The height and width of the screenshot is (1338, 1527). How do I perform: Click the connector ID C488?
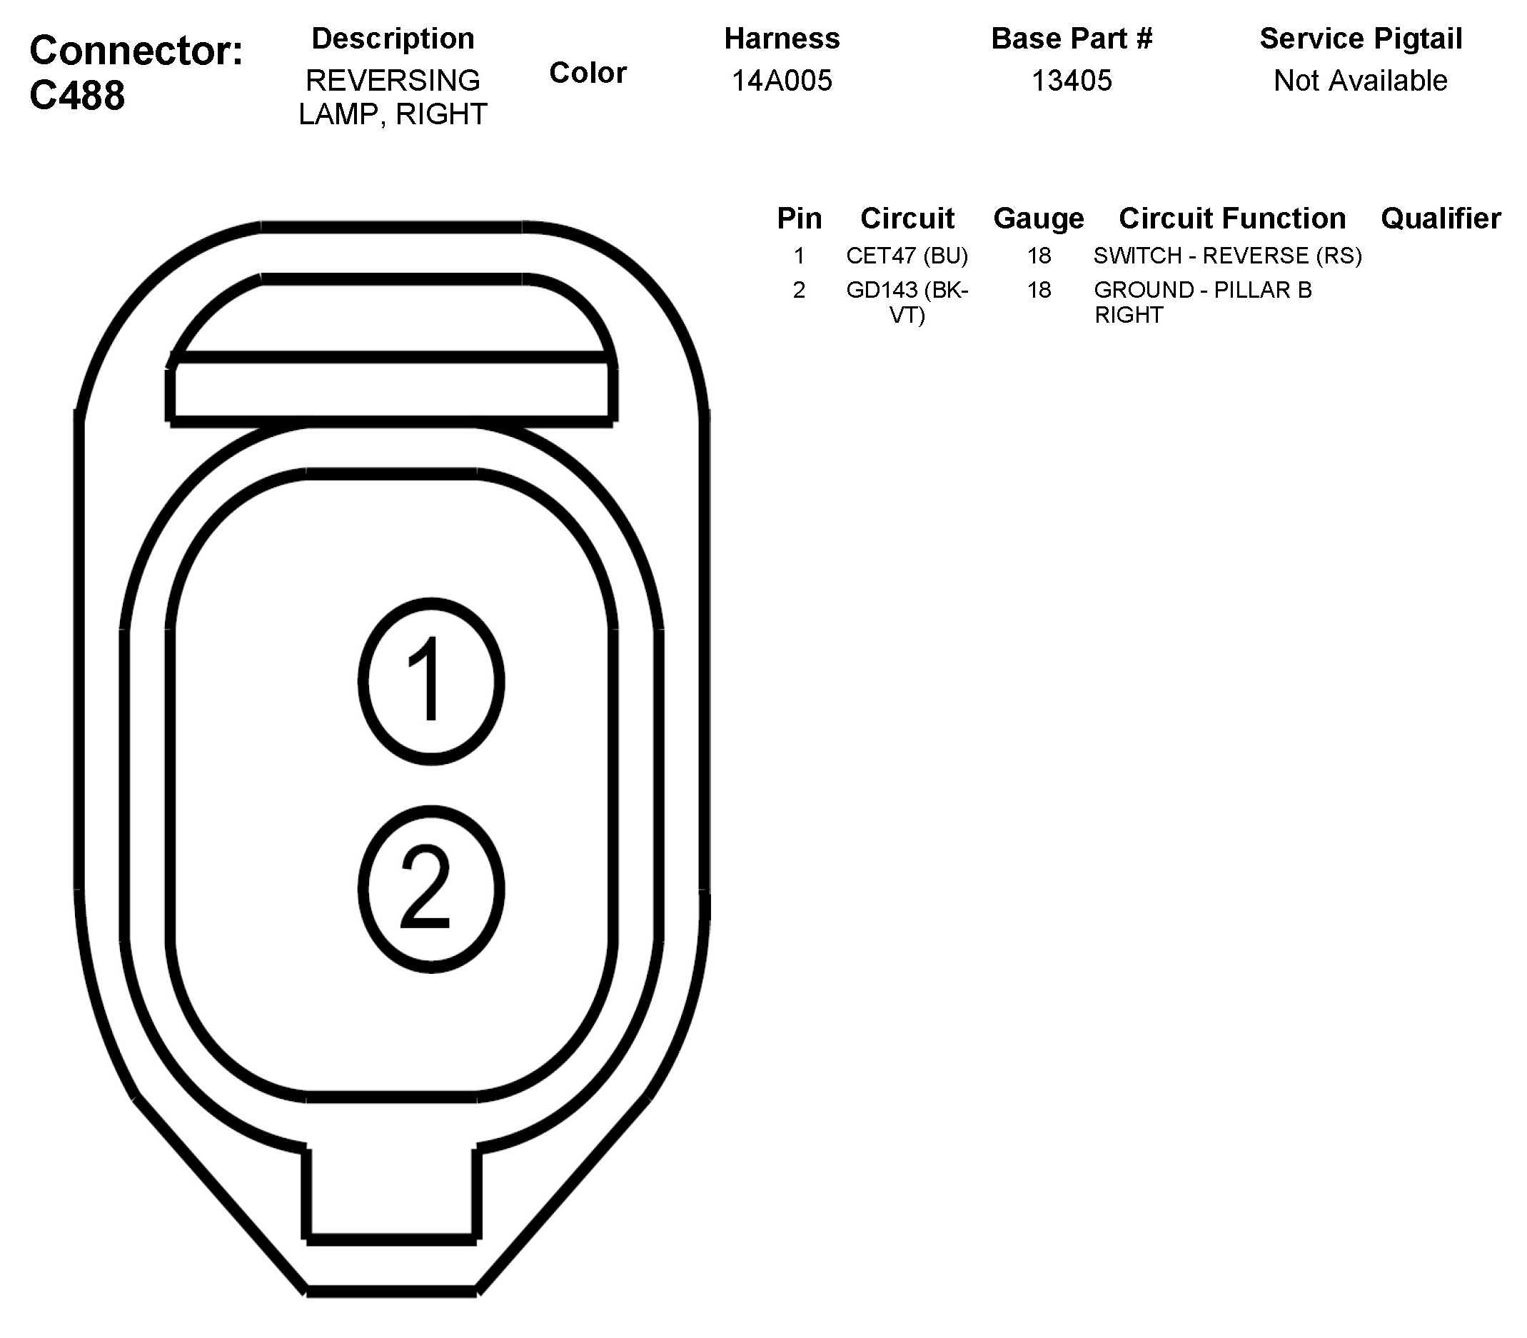click(x=77, y=95)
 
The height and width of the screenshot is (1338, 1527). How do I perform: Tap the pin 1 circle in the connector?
click(x=431, y=681)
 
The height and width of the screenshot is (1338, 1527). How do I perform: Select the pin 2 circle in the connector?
click(x=431, y=889)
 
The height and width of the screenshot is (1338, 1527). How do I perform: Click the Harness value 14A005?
click(x=781, y=81)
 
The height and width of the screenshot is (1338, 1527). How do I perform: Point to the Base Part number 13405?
click(x=1071, y=81)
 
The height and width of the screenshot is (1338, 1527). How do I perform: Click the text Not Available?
click(x=1360, y=81)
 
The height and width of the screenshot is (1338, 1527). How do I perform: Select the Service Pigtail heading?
click(x=1360, y=39)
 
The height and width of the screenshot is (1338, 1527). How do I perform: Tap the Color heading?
click(x=588, y=73)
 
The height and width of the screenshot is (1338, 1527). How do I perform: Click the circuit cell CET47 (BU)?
click(x=907, y=256)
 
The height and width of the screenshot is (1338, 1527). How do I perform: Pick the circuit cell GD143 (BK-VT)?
click(x=907, y=301)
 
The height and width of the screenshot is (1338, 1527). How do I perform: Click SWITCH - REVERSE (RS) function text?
click(x=1227, y=256)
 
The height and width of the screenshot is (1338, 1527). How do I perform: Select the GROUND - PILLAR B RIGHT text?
click(x=1202, y=301)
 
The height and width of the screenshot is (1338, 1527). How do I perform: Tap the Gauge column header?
click(x=1038, y=218)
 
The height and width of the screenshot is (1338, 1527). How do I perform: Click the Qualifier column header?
click(x=1441, y=218)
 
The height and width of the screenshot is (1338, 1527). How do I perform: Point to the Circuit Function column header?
click(x=1232, y=218)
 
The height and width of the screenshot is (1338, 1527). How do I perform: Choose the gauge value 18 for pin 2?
click(x=1039, y=290)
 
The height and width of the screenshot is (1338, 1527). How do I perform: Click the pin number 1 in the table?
click(x=799, y=256)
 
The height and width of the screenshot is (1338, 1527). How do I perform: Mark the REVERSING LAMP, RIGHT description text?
click(x=393, y=97)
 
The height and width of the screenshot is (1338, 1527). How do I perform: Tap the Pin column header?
click(x=799, y=218)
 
